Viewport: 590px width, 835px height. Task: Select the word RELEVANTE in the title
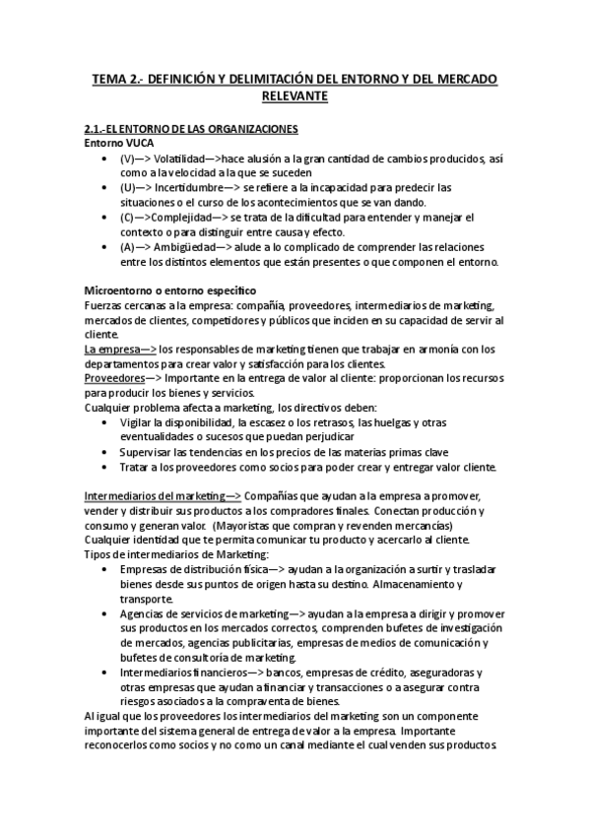[295, 96]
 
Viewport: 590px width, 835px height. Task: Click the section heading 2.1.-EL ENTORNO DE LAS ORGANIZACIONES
[192, 130]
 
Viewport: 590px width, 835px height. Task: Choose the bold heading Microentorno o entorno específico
[170, 290]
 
